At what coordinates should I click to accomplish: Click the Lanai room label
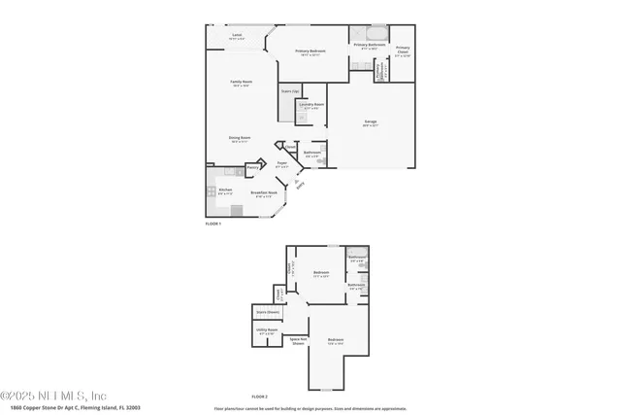click(x=237, y=36)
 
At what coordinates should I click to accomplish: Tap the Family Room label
click(x=241, y=84)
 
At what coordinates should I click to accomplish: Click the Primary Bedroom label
click(x=310, y=52)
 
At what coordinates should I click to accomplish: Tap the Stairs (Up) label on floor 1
click(x=289, y=91)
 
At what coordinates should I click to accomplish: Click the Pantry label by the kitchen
click(x=252, y=167)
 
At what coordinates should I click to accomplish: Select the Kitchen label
click(x=225, y=190)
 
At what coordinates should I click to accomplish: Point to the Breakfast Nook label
click(x=266, y=193)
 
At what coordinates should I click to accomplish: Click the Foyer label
click(x=281, y=164)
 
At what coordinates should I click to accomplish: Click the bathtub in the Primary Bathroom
click(x=373, y=31)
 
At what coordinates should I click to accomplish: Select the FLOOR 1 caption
click(x=213, y=224)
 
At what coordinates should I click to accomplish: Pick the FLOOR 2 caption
click(x=259, y=397)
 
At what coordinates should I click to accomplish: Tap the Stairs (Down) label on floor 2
click(x=267, y=312)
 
